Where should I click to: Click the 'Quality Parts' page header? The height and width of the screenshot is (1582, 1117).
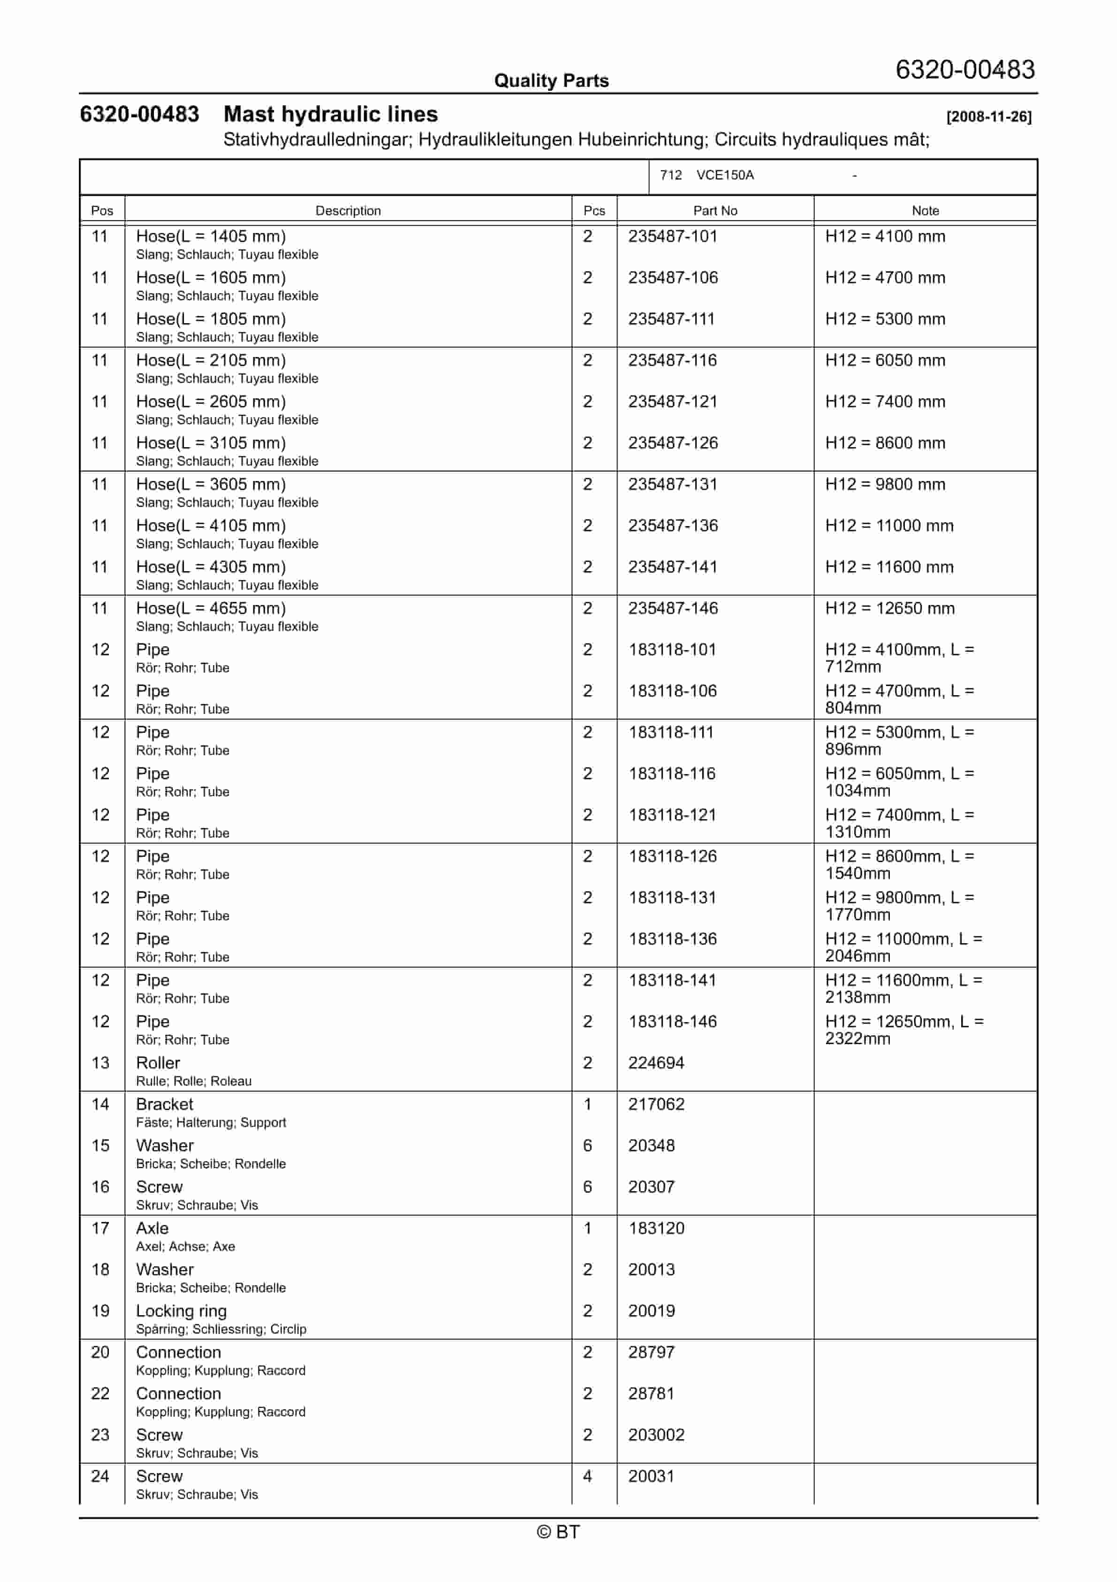point(551,81)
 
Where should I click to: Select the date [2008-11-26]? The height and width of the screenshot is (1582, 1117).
point(988,116)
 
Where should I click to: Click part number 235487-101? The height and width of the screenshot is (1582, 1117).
point(672,236)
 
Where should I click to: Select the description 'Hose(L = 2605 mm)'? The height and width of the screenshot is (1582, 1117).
point(211,402)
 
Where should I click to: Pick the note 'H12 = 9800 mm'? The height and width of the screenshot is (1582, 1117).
point(885,484)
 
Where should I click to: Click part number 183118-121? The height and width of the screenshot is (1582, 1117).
point(672,815)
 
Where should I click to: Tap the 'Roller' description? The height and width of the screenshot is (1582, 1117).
point(158,1063)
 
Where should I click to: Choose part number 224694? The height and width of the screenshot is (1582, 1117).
point(656,1063)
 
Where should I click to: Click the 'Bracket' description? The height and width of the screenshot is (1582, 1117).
point(165,1104)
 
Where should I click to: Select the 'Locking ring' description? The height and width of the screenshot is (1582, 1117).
point(181,1311)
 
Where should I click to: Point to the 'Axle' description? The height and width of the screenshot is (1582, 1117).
point(152,1228)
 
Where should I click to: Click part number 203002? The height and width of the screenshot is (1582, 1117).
point(656,1435)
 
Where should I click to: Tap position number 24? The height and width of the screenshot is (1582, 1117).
point(100,1477)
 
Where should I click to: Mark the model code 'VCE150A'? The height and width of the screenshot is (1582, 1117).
point(725,175)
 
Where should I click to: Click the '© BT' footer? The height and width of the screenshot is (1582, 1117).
point(558,1532)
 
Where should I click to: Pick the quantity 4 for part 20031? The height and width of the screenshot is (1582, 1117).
point(588,1477)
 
